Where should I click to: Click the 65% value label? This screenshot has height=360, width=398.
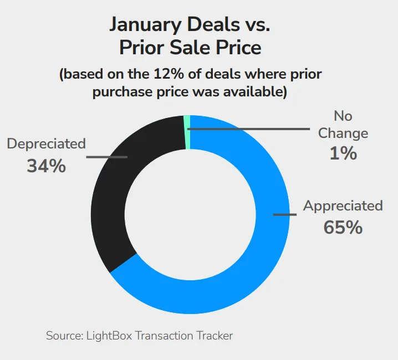click(x=343, y=227)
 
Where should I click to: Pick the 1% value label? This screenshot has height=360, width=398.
click(x=343, y=152)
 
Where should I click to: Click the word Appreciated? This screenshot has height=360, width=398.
click(x=343, y=206)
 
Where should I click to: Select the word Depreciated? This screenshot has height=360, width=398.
click(x=46, y=144)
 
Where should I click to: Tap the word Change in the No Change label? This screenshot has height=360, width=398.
click(x=343, y=133)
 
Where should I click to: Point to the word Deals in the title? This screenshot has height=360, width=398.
click(x=218, y=24)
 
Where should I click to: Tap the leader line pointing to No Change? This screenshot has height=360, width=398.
click(x=249, y=129)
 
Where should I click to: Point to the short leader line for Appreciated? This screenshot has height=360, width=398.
click(x=284, y=214)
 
